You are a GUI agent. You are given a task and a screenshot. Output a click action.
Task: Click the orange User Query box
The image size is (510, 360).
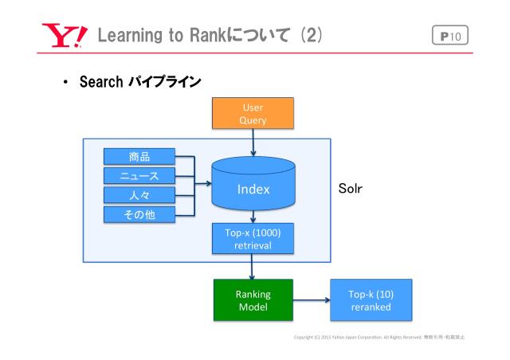(253, 112)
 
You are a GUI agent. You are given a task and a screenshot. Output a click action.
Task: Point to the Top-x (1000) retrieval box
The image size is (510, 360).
(253, 239)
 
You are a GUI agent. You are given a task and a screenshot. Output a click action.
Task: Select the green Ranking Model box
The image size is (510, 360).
(253, 300)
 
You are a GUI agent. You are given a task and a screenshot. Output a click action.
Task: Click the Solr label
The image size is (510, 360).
(349, 192)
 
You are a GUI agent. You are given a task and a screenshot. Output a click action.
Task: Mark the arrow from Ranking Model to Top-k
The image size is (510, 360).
(309, 300)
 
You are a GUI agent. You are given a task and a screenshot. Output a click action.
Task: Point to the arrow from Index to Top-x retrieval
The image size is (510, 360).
(253, 217)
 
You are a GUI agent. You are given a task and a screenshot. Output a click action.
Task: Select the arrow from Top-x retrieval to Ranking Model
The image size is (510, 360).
(253, 266)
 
